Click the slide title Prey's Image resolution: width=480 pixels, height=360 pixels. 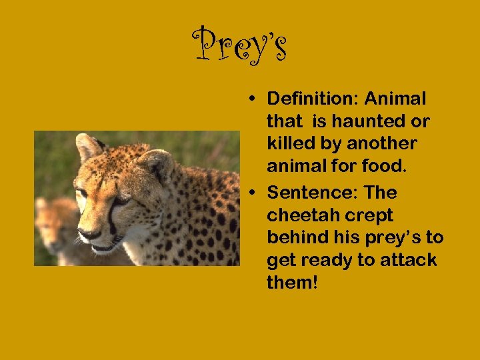(x=240, y=46)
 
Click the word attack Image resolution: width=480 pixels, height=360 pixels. (x=409, y=261)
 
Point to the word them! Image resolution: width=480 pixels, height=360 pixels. (x=293, y=283)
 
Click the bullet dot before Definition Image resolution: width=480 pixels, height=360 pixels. (x=256, y=100)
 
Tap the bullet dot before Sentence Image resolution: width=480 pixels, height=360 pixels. (x=256, y=194)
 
